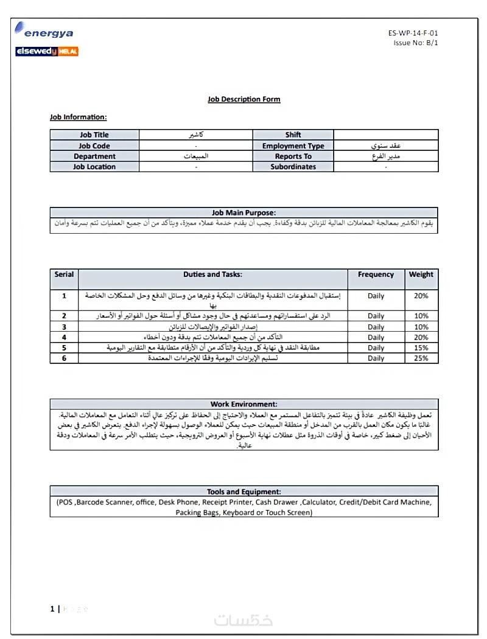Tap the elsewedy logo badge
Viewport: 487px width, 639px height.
tap(47, 51)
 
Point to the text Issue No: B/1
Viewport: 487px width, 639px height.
tap(415, 43)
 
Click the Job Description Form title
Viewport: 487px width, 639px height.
tap(243, 99)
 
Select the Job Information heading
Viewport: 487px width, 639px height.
tap(78, 117)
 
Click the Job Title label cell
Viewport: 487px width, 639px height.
tap(94, 135)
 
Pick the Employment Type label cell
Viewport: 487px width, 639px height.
tap(293, 146)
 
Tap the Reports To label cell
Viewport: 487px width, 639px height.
tap(293, 156)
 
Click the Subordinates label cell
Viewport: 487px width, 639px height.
tap(293, 167)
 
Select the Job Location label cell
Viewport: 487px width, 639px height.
tap(94, 167)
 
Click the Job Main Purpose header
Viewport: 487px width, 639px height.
tap(243, 213)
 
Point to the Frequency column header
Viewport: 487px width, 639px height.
tap(376, 274)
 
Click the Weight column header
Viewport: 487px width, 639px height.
tap(421, 274)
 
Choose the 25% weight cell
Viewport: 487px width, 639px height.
tap(421, 358)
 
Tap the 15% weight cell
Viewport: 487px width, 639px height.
tap(421, 348)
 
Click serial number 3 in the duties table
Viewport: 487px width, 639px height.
tap(64, 327)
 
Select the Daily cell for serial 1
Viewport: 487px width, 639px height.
tap(376, 296)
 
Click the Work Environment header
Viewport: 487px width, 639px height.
tap(243, 404)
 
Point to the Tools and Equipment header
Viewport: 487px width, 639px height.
tap(243, 492)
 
